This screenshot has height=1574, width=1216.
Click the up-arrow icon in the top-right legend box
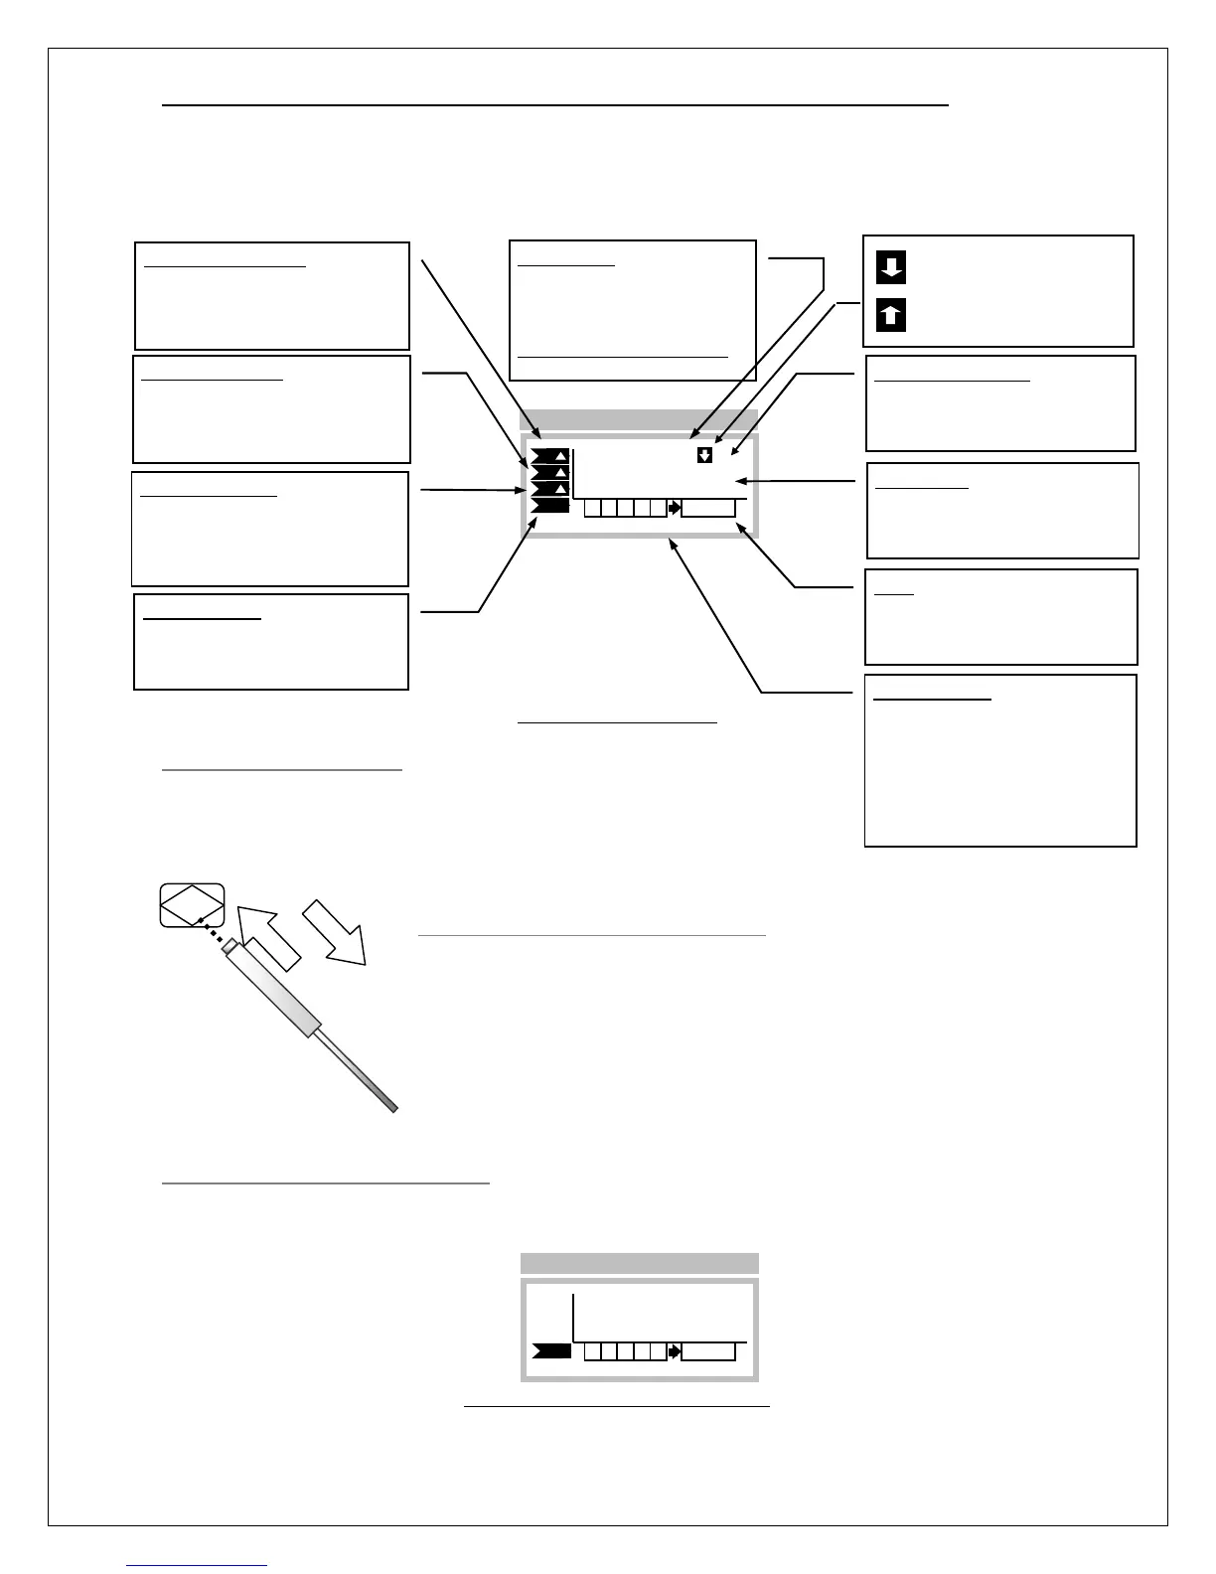(891, 315)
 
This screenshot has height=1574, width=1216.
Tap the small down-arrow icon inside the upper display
(704, 455)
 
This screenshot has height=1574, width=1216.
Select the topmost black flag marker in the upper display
(549, 456)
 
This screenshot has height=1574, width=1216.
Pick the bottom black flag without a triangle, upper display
(549, 506)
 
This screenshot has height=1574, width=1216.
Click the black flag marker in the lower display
(551, 1350)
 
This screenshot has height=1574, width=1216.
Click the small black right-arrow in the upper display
(675, 508)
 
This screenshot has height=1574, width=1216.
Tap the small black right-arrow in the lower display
(675, 1351)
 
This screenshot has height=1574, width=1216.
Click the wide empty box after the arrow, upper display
(708, 508)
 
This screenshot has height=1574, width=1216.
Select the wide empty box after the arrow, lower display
(708, 1351)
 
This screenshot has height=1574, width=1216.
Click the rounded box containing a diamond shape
(192, 904)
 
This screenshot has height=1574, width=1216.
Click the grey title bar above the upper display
(639, 419)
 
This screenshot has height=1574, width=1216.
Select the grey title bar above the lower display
(639, 1263)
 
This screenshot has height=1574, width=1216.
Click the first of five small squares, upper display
(592, 508)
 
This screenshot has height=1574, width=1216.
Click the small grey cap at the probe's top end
(229, 945)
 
